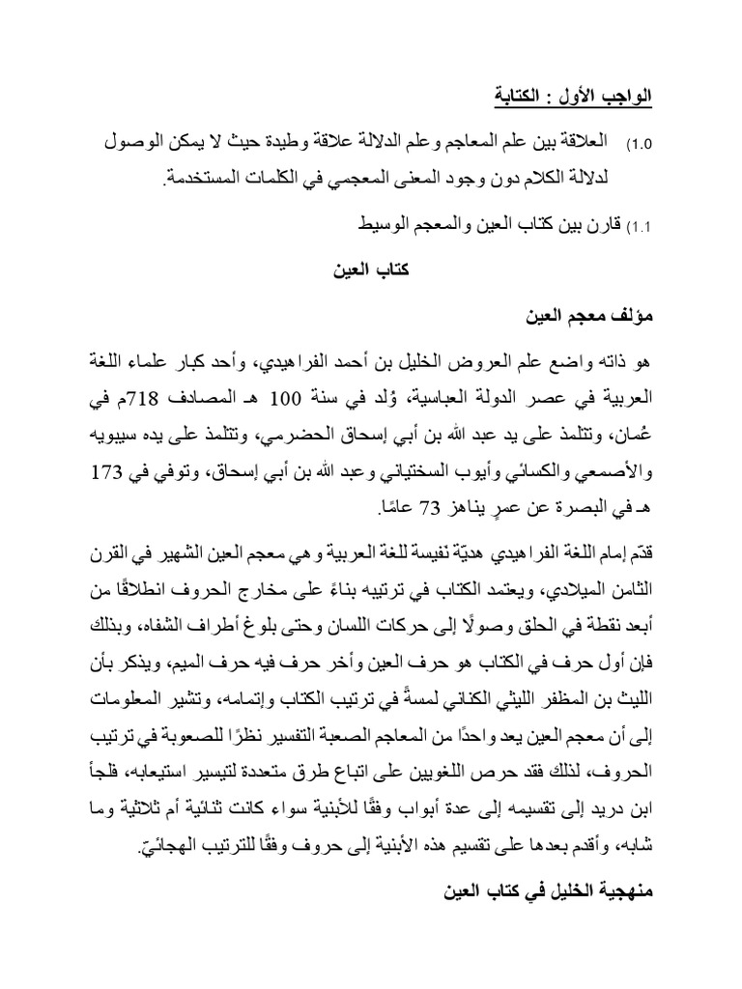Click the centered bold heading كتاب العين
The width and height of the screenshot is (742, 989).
coord(372,269)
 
